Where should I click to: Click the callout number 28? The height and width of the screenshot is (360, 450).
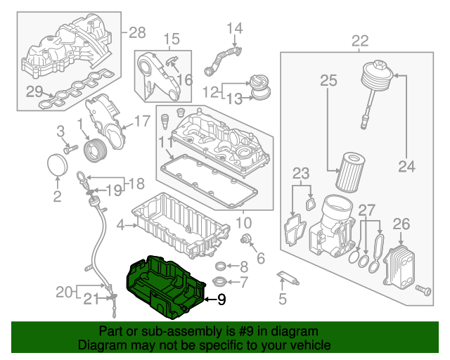(x=137, y=32)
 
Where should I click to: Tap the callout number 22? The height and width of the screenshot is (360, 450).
(x=359, y=41)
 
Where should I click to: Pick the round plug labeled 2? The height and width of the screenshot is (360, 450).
(x=58, y=165)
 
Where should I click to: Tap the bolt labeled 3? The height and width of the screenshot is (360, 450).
(x=70, y=149)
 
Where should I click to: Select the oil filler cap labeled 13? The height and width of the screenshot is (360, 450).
(x=261, y=87)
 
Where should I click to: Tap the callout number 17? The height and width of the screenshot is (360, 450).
(x=141, y=121)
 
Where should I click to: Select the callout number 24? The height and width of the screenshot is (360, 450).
(x=406, y=167)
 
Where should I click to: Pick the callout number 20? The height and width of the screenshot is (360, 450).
(x=65, y=291)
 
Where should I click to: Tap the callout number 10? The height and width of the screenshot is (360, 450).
(x=243, y=224)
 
